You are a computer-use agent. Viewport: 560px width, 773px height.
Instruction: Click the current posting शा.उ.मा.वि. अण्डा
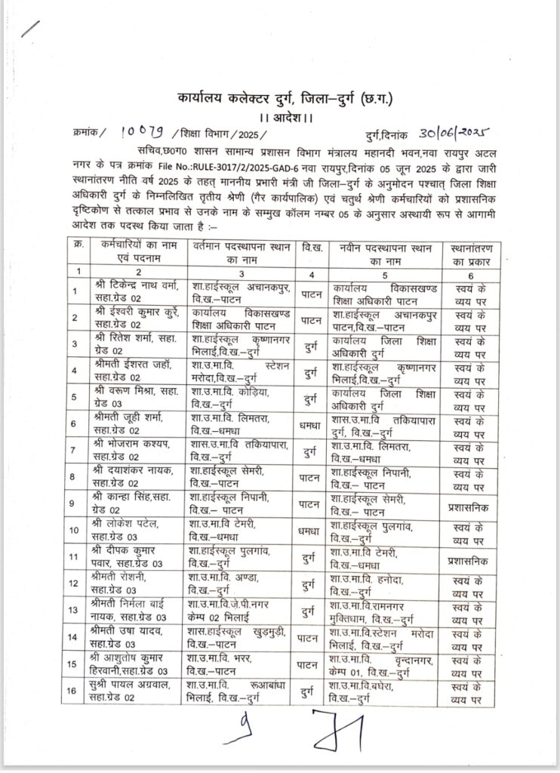[x=226, y=580]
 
